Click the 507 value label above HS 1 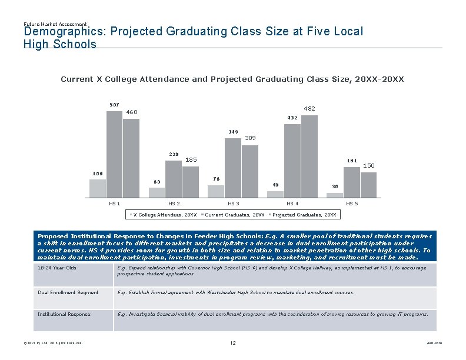[x=114, y=105]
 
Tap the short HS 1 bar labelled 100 [x=98, y=188]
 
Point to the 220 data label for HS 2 [x=174, y=154]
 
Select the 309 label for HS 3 [x=251, y=138]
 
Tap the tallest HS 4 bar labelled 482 [x=309, y=156]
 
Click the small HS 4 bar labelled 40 [x=275, y=194]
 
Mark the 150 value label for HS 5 [x=368, y=166]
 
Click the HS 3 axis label [x=234, y=204]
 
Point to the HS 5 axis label [x=351, y=204]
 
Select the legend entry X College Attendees [x=165, y=215]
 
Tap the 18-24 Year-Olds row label [x=57, y=268]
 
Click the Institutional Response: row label [x=65, y=314]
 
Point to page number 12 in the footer [x=233, y=342]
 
